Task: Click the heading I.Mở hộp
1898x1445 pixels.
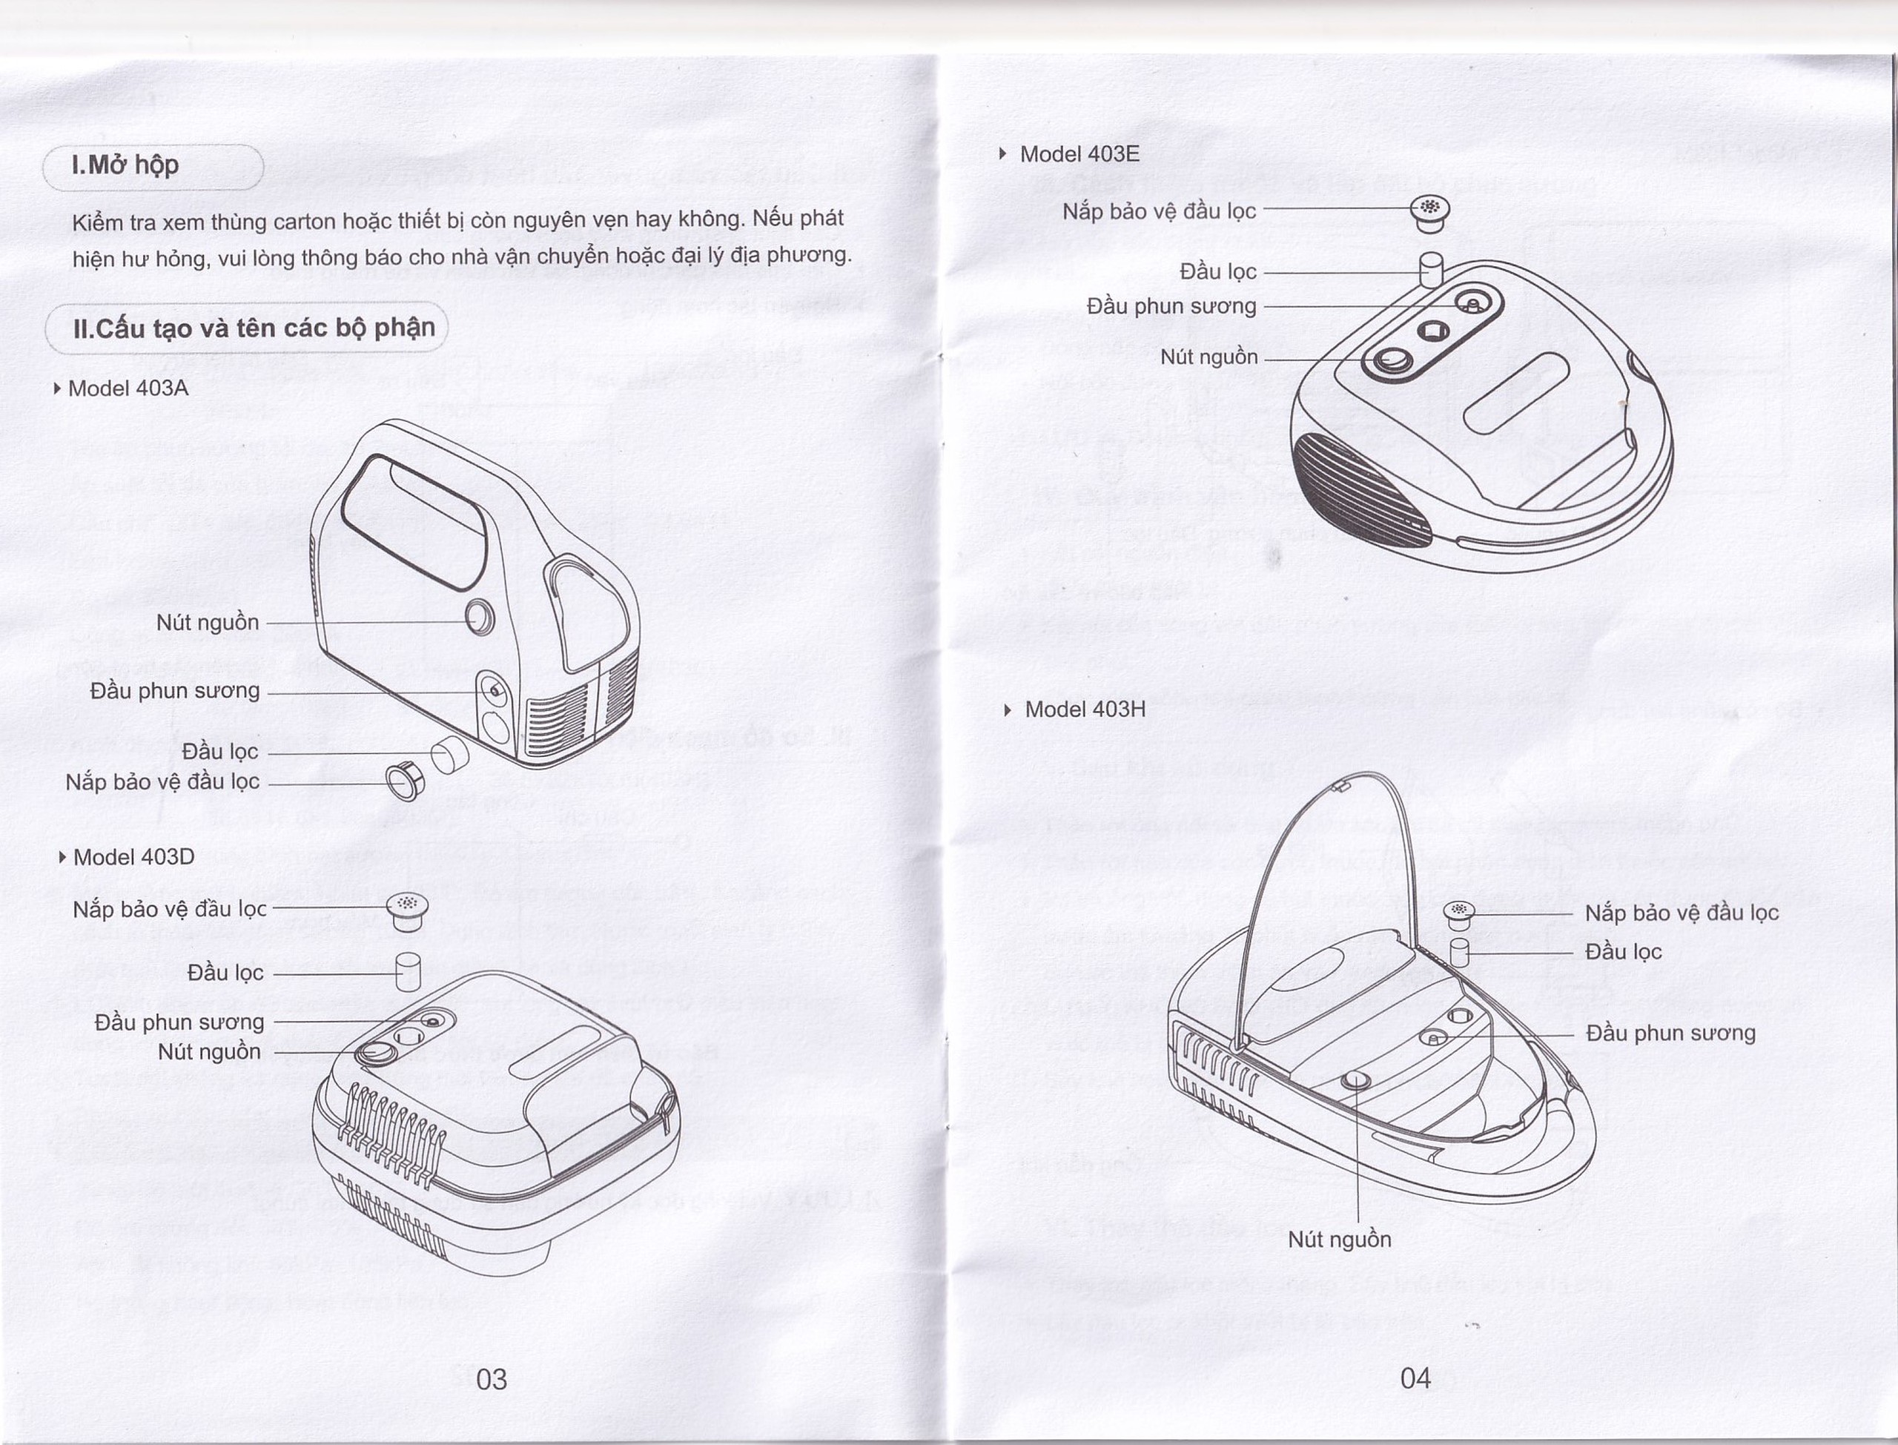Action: [x=125, y=165]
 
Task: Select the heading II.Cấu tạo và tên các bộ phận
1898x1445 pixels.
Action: [x=254, y=328]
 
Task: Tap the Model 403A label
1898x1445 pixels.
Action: [x=128, y=388]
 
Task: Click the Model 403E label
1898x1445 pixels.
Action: [x=1079, y=154]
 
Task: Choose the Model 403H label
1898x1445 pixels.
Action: [x=1085, y=709]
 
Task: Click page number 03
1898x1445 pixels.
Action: [x=491, y=1379]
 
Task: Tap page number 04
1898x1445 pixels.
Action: [x=1415, y=1378]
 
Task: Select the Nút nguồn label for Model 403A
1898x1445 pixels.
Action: [x=208, y=623]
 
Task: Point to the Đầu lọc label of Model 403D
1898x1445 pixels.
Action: [x=225, y=973]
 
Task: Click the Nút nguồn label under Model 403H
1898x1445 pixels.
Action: [x=1339, y=1240]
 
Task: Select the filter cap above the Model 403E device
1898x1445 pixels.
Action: [x=1429, y=211]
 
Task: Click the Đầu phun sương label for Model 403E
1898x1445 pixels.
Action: [x=1171, y=306]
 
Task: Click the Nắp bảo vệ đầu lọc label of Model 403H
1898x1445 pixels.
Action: [x=1682, y=913]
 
